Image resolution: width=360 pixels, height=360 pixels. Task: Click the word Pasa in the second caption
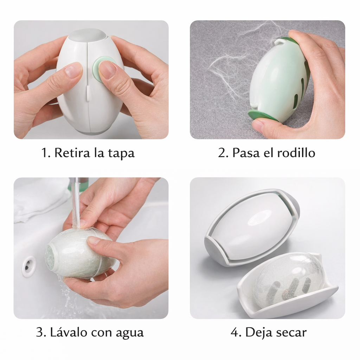(x=246, y=153)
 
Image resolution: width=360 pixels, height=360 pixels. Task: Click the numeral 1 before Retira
(x=45, y=153)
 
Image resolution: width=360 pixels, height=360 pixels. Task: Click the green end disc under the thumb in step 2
(x=262, y=116)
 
